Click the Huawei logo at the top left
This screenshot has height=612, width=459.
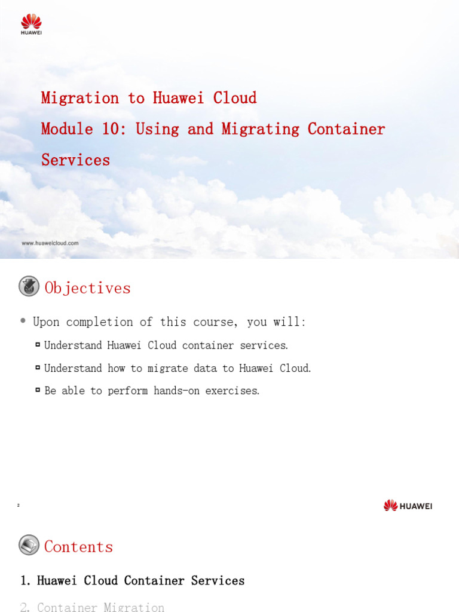click(31, 24)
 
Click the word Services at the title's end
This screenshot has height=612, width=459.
click(75, 160)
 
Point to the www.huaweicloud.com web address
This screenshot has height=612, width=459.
click(50, 243)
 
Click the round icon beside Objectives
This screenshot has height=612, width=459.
click(29, 287)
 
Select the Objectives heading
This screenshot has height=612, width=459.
click(87, 288)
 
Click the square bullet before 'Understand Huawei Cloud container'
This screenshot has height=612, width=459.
click(38, 345)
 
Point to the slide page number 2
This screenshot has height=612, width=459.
click(19, 506)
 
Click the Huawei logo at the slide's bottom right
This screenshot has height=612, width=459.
click(408, 506)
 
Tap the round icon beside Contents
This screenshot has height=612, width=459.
click(29, 545)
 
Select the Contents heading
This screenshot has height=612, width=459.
click(78, 547)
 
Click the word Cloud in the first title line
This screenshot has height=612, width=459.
click(235, 98)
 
